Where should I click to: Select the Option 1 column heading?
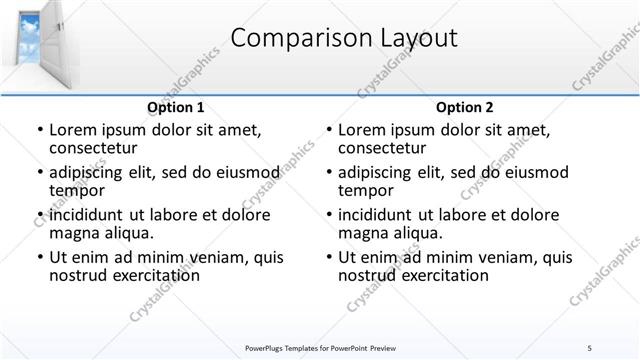176,107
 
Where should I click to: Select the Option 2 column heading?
465,107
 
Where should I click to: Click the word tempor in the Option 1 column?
77,190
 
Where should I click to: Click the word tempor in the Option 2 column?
366,190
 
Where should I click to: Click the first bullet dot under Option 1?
39,130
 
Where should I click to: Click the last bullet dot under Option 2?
328,258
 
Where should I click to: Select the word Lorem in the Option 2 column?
361,129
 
